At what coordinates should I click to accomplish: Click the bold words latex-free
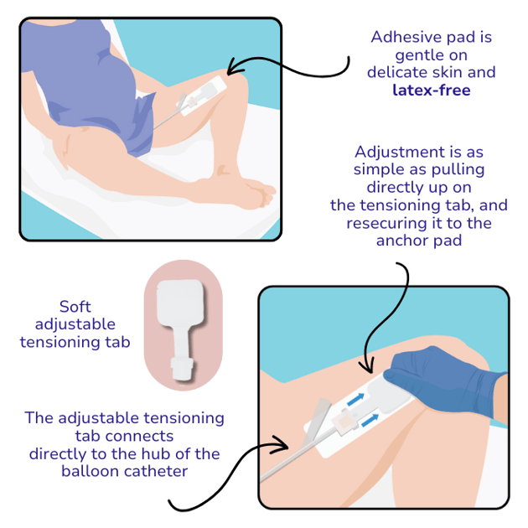point(432,90)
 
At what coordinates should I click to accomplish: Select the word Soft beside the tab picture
point(75,307)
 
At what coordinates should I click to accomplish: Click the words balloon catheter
point(124,471)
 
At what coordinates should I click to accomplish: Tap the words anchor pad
point(418,241)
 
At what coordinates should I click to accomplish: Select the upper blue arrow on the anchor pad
point(355,400)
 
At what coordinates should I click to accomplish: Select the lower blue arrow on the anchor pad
point(370,420)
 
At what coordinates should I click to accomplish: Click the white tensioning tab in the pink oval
point(181,329)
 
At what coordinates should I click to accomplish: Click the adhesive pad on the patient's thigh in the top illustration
point(203,96)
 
